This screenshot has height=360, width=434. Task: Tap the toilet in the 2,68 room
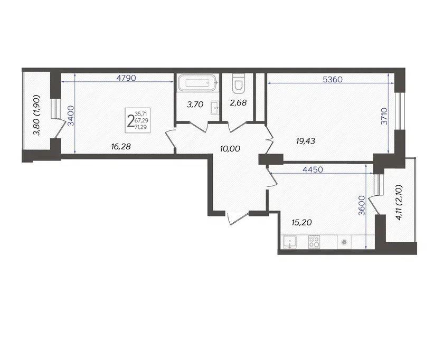coord(238,83)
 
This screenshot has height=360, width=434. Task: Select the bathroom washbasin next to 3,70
coord(215,107)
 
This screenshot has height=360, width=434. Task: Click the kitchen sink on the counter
coord(289,242)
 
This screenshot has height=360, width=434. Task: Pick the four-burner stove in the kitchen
coord(314,242)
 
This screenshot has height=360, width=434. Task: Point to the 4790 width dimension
coord(126,78)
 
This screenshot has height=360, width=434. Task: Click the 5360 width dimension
coord(333,80)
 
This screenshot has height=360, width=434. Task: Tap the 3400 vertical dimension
coord(71,116)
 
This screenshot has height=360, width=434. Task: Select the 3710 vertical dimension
coord(384,116)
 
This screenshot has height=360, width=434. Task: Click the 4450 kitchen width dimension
coord(313,169)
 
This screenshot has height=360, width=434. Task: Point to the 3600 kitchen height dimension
coord(361,205)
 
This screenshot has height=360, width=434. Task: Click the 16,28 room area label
coord(121,146)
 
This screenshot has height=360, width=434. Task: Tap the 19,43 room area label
coord(305,141)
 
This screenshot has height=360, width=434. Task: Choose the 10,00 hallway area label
coord(230,149)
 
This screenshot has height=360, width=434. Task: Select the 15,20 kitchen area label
coord(301,222)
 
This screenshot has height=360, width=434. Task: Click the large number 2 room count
coord(130,121)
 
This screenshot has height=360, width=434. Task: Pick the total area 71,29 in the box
coord(140,127)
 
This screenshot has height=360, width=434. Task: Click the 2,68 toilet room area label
coord(238,103)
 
